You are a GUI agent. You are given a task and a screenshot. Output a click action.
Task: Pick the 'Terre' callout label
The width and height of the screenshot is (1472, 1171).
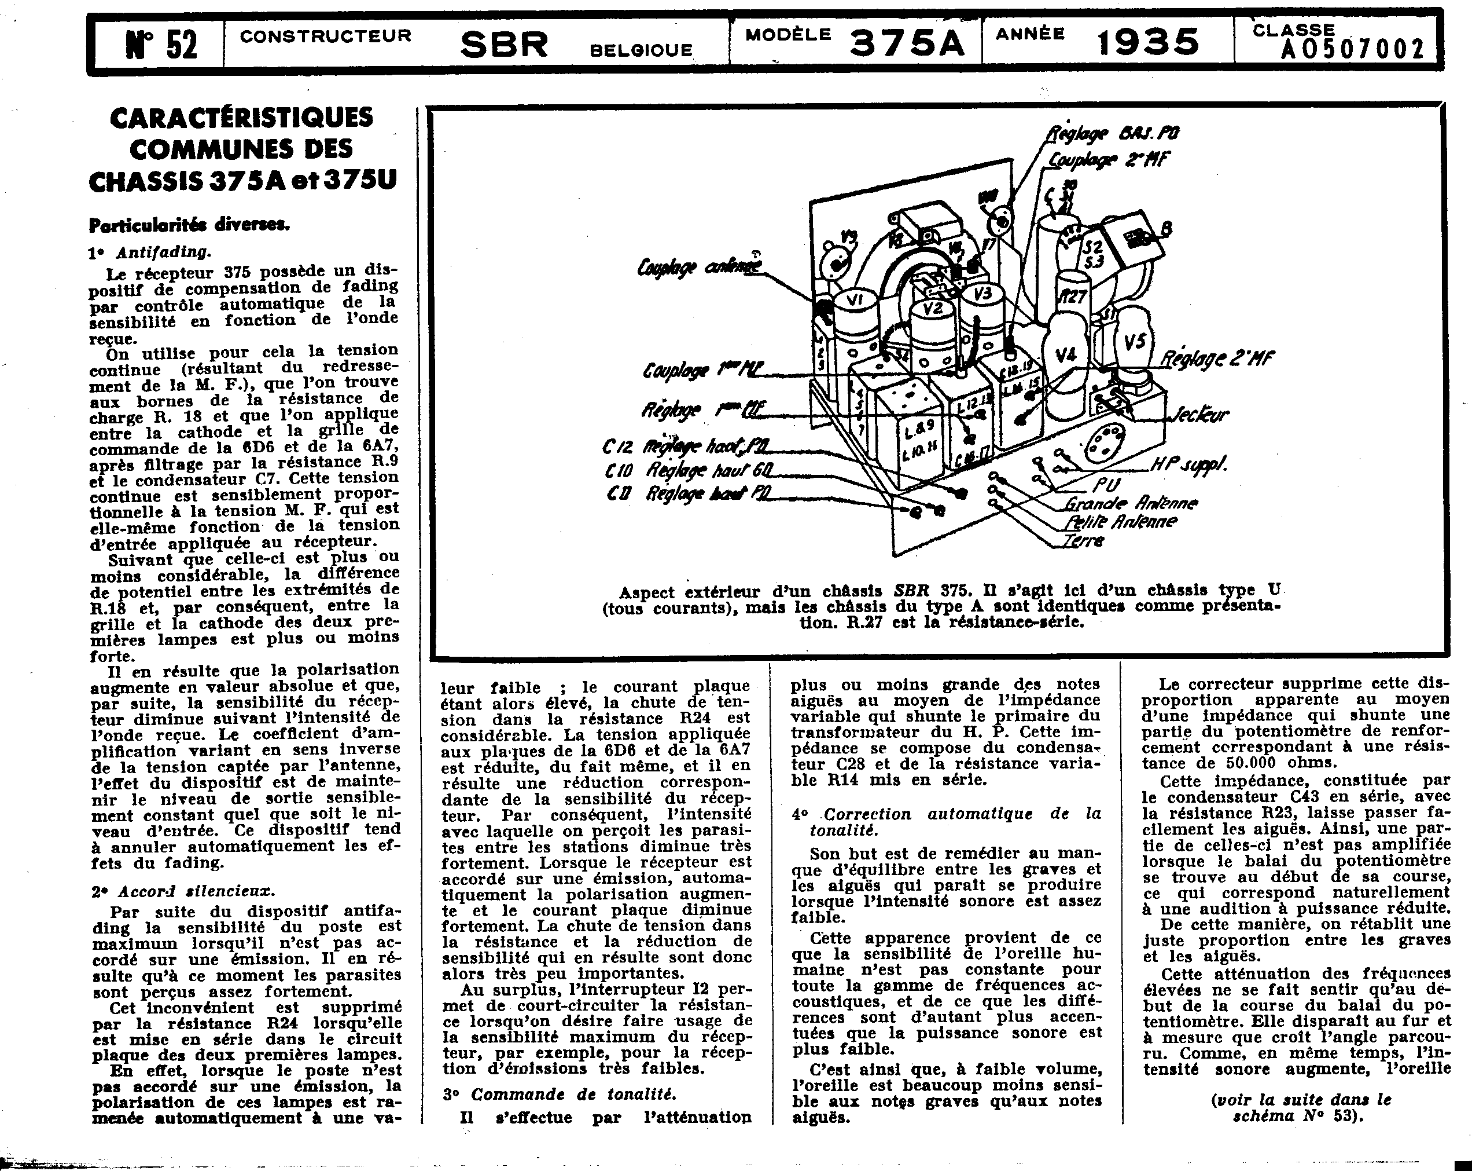click(x=1084, y=541)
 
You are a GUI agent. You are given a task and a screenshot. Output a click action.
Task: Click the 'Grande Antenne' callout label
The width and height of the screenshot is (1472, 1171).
click(x=1131, y=503)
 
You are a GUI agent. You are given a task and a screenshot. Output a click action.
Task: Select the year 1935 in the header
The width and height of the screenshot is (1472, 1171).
click(x=1147, y=43)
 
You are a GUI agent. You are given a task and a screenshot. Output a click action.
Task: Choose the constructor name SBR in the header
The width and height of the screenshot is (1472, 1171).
click(x=504, y=45)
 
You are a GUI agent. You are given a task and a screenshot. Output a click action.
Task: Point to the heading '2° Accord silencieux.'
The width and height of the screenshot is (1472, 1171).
click(x=183, y=891)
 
